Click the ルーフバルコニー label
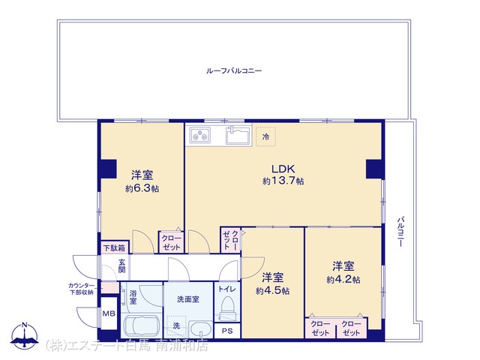click(x=234, y=71)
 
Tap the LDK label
click(x=283, y=169)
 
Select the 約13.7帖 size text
click(x=283, y=181)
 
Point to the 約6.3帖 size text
click(x=142, y=188)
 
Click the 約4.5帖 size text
click(x=272, y=290)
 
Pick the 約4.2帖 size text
click(x=343, y=279)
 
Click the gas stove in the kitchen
click(x=200, y=135)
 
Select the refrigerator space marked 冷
click(x=265, y=136)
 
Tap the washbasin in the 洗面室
click(x=200, y=329)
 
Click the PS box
click(x=227, y=331)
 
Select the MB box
click(x=109, y=313)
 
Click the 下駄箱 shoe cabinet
click(x=115, y=247)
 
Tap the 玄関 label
click(x=122, y=265)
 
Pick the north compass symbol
click(x=25, y=336)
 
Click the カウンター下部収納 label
click(x=81, y=289)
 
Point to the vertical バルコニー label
click(x=400, y=232)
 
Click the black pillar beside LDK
click(x=374, y=169)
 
